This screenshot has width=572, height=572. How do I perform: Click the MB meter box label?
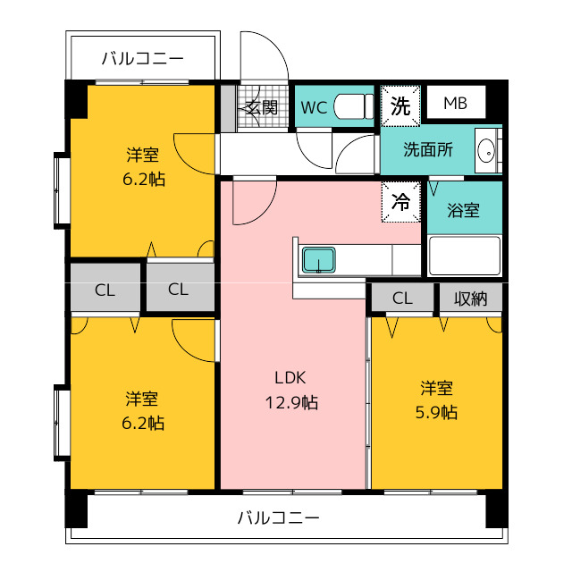coord(455,104)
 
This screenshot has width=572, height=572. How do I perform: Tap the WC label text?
coord(314,107)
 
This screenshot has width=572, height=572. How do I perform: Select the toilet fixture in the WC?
coord(354,106)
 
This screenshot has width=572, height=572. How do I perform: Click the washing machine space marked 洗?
coord(400,105)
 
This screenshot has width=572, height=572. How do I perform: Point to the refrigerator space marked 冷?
coord(401,201)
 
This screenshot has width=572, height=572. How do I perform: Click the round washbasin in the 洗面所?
coord(486,150)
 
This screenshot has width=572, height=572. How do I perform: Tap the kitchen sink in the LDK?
coord(318,260)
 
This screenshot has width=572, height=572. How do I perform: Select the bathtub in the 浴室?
coord(465,256)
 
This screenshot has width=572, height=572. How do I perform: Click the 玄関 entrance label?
coord(262,107)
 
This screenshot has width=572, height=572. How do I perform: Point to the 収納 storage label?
coord(471,299)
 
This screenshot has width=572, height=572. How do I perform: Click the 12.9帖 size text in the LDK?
coord(291,402)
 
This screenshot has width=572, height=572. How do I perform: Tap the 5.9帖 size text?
coord(436,412)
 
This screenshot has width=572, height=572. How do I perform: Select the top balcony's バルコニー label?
coord(142,58)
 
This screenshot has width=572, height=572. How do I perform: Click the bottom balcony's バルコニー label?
coord(279,517)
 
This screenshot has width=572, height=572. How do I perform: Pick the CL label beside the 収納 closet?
coord(402,298)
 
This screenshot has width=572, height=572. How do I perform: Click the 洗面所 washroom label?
coord(428,149)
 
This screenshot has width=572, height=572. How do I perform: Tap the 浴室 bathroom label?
coord(463,210)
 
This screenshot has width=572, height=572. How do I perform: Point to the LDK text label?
coord(290,378)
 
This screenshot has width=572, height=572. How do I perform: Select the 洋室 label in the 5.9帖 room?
coord(437,388)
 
